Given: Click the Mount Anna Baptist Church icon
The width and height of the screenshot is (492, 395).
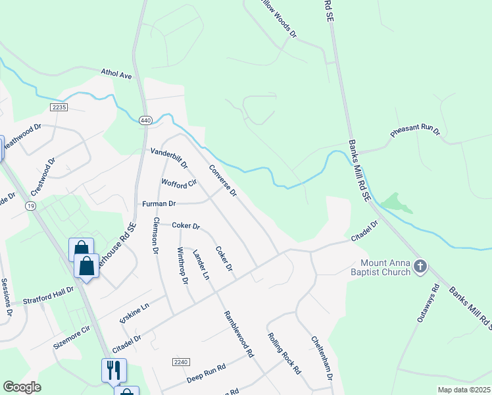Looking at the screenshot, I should (420, 267).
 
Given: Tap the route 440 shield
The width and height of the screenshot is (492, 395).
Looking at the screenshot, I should (146, 120).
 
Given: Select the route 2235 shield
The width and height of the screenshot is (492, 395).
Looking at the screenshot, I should (58, 107).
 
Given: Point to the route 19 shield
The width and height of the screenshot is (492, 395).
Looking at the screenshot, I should (31, 206).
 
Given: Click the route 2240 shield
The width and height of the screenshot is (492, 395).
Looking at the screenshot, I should (181, 362).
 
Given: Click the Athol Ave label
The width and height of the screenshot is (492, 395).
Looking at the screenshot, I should (116, 74).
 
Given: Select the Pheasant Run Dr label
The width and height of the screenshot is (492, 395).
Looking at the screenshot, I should (414, 130).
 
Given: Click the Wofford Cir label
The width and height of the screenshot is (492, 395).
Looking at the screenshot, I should (179, 182).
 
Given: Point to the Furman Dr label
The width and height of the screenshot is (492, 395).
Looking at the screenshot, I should (159, 204).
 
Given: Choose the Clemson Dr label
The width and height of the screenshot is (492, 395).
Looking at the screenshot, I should (156, 236).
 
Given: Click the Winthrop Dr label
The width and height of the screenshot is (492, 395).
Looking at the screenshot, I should (183, 266).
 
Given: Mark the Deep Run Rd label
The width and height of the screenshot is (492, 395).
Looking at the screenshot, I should (206, 371).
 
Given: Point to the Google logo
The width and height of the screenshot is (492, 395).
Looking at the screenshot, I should (22, 387).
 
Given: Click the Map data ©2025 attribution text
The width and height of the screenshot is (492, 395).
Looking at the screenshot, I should (464, 390).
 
